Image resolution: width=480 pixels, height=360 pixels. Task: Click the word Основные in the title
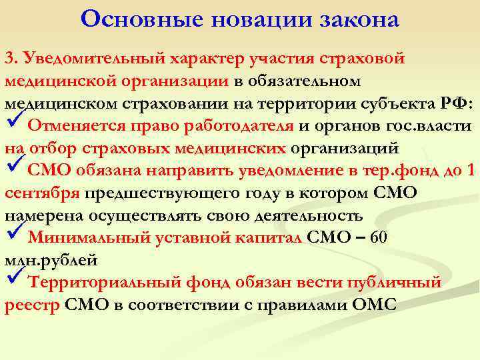123,19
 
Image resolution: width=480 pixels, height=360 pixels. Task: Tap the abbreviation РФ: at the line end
457,103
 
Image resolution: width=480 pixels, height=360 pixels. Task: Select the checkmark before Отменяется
13,124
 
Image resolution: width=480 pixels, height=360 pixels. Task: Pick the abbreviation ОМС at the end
374,305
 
